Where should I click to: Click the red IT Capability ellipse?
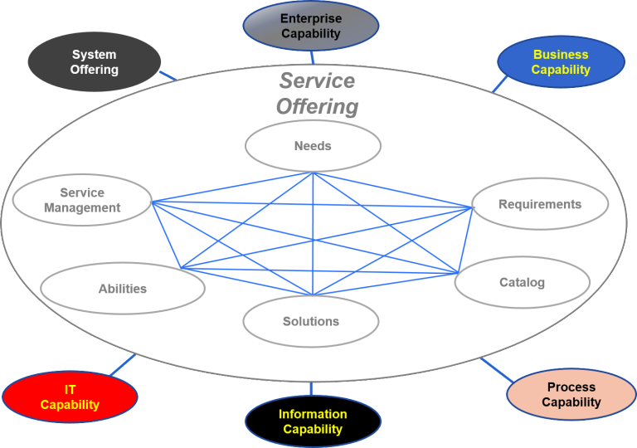[70, 397]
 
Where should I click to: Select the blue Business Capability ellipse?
[561, 62]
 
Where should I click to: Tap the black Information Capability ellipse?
[313, 421]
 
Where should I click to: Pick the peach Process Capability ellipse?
[571, 394]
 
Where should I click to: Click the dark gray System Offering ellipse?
[94, 62]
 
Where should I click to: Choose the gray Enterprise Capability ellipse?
[310, 26]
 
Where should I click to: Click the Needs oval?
[313, 146]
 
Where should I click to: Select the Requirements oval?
[540, 204]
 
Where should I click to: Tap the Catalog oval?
[522, 282]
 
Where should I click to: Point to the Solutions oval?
[311, 321]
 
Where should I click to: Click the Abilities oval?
[123, 289]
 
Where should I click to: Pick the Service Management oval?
[82, 201]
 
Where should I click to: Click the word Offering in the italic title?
[317, 107]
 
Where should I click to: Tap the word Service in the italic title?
[317, 81]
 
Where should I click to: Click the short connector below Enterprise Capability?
[312, 57]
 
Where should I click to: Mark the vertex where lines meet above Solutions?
[313, 295]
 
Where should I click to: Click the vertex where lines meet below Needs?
[313, 173]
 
